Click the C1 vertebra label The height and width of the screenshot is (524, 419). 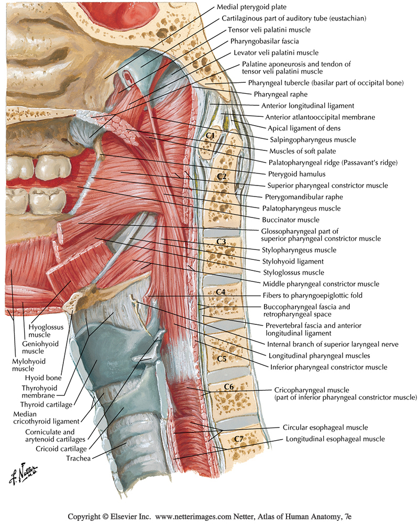(211, 135)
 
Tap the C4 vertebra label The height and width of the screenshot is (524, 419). (220, 291)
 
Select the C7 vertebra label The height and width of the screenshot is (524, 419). (238, 438)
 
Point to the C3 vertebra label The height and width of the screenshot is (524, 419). (221, 242)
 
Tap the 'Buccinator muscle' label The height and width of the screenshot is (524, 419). (290, 220)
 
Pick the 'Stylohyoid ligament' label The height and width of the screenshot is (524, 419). (292, 261)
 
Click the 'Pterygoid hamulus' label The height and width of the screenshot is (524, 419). (297, 174)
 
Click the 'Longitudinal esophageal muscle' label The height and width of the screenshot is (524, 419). (335, 439)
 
